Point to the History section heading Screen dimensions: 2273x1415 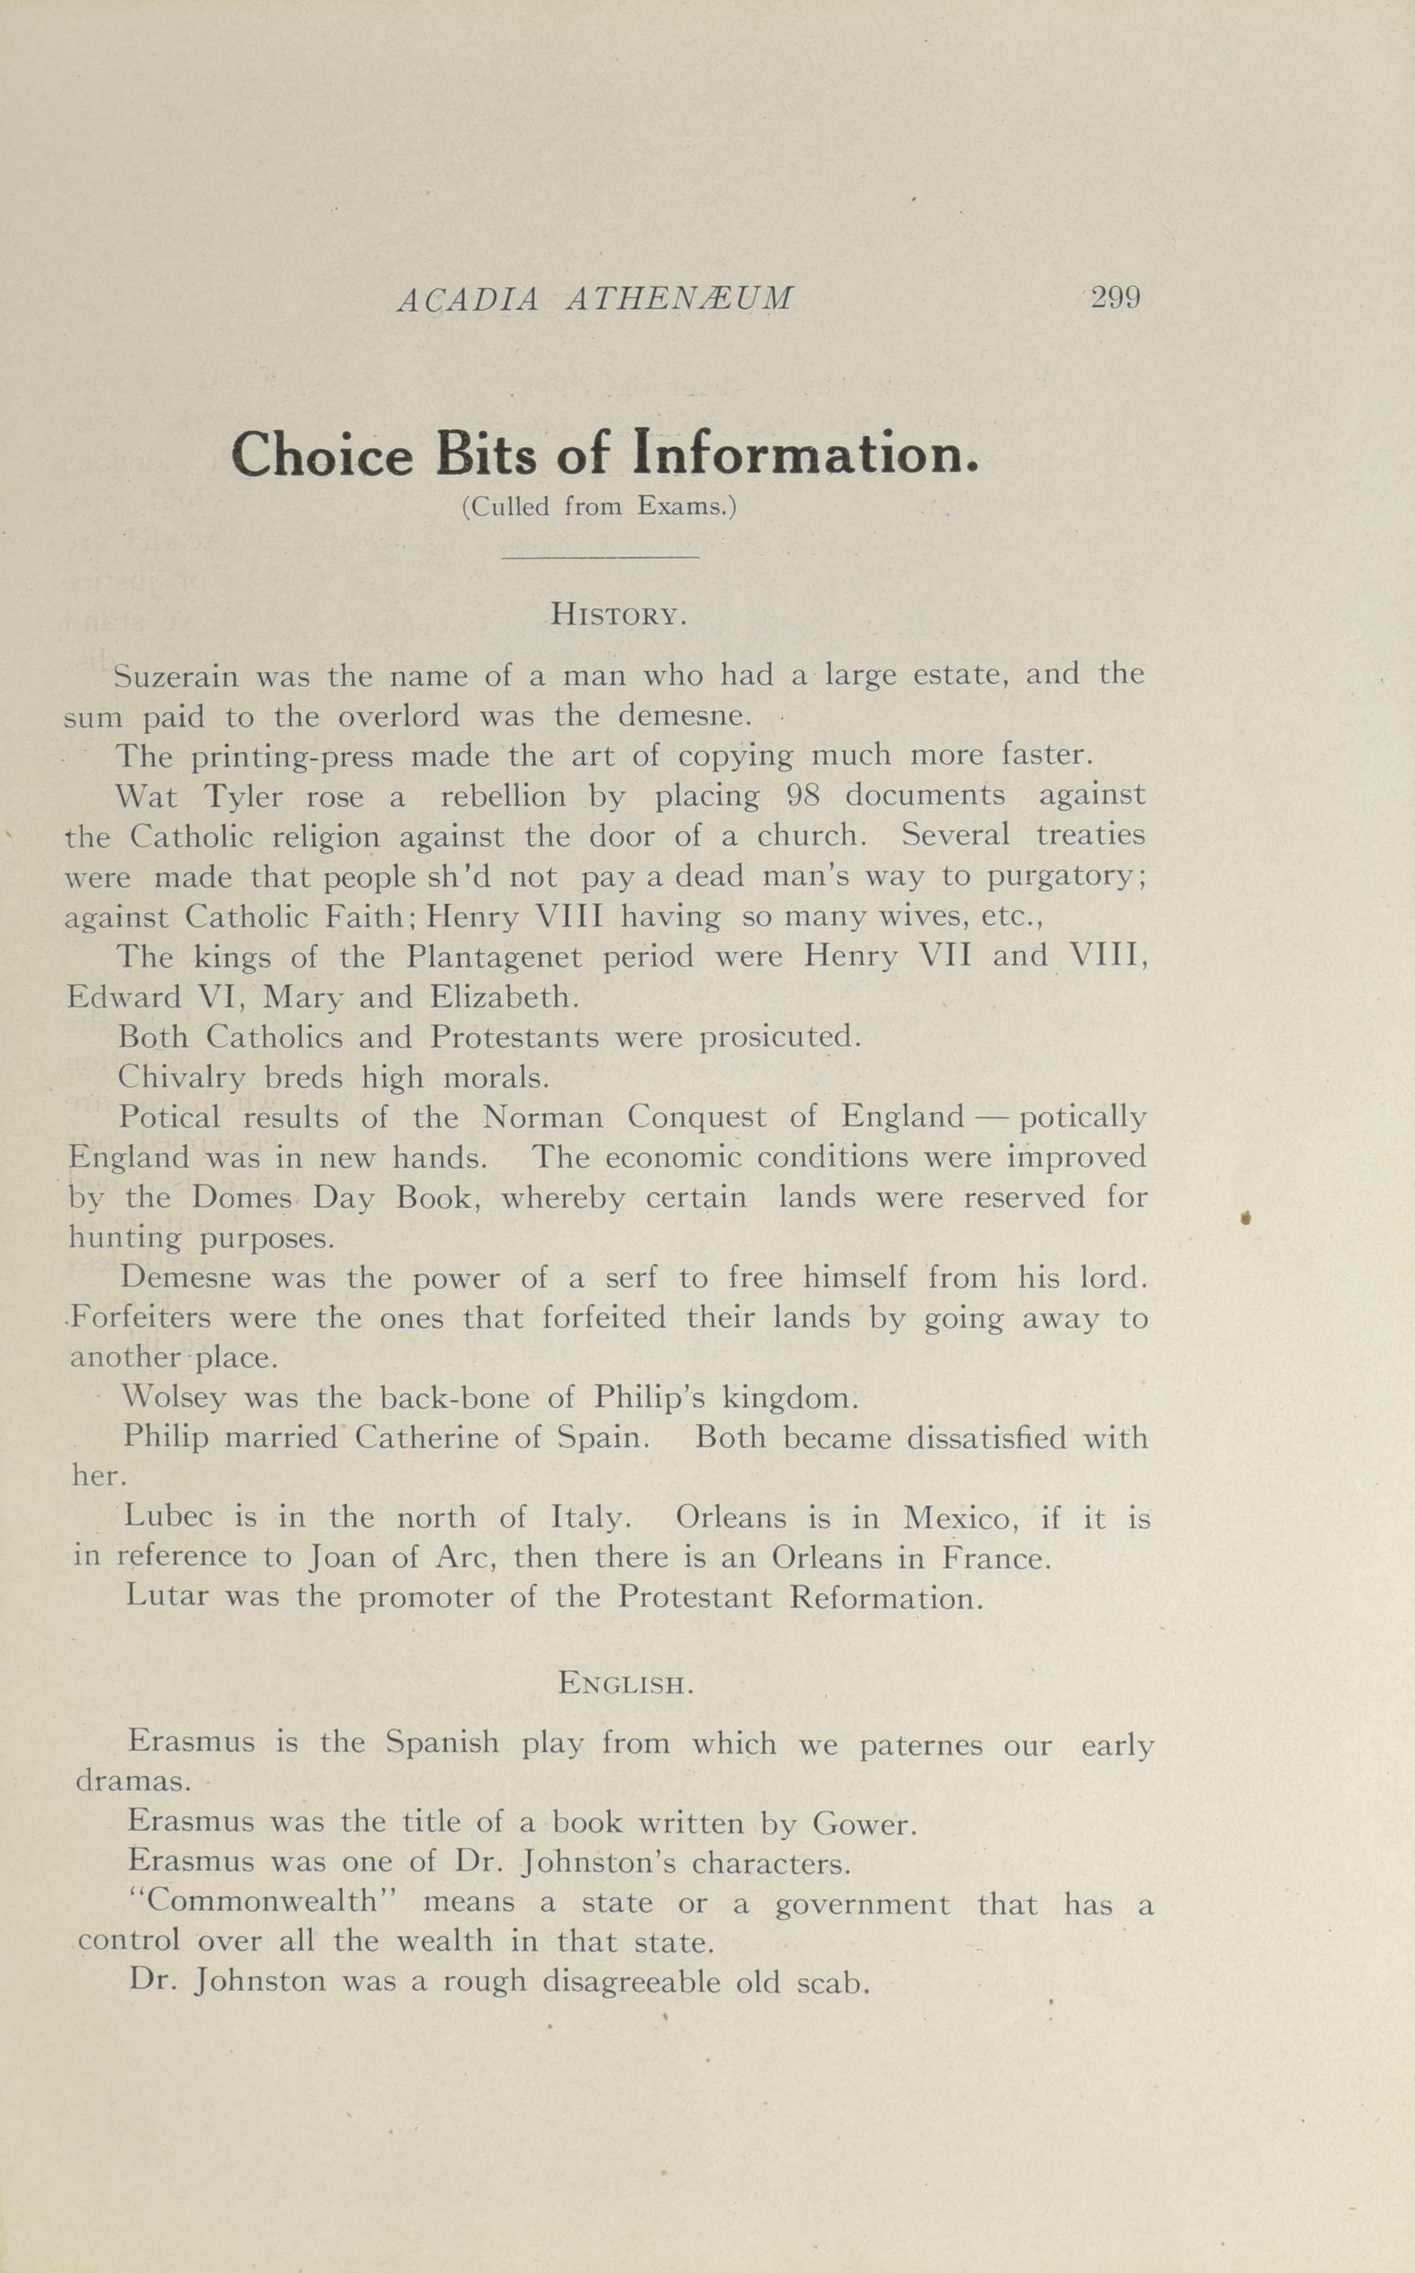coord(619,615)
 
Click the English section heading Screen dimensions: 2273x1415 coord(625,1684)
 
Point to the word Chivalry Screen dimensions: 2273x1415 coord(182,1078)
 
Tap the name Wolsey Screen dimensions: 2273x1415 coord(174,1398)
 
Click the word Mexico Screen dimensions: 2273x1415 coord(957,1517)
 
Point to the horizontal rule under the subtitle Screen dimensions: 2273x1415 coord(600,558)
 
